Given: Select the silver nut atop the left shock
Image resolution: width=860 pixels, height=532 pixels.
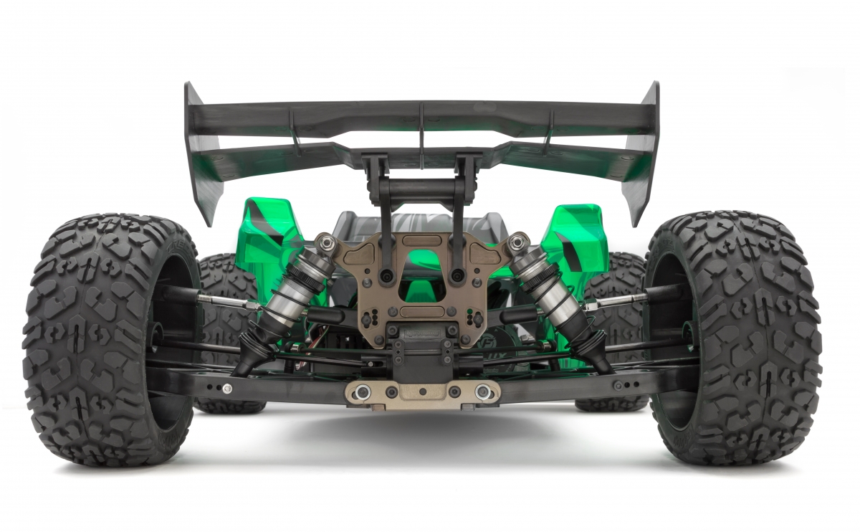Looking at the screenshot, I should pos(327,244).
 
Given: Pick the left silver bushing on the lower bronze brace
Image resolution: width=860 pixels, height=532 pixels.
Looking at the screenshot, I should pos(363,391).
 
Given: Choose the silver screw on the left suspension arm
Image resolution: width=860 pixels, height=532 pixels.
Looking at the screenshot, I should pos(227,389).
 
